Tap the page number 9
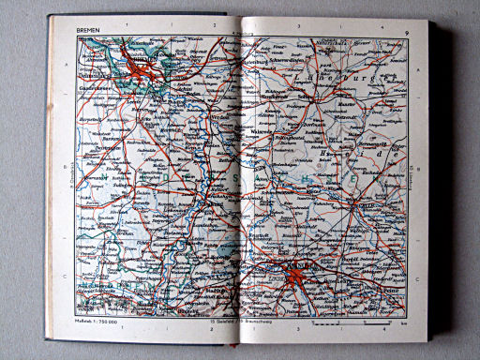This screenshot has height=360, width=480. (x=407, y=32)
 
